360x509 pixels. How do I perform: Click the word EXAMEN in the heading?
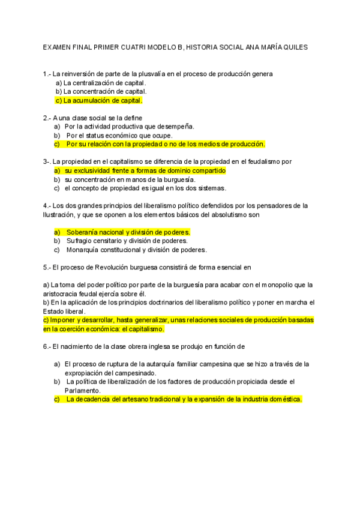tap(57, 47)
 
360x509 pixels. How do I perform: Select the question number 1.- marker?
tap(47, 74)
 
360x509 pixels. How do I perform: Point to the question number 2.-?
tap(47, 118)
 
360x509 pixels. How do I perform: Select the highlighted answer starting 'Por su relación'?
tap(165, 144)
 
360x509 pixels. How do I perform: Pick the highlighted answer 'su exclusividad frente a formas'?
tap(144, 170)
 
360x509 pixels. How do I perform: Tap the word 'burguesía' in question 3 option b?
tap(179, 179)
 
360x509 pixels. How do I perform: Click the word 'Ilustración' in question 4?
tap(59, 214)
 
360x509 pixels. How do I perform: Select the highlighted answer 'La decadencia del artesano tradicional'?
tap(184, 399)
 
